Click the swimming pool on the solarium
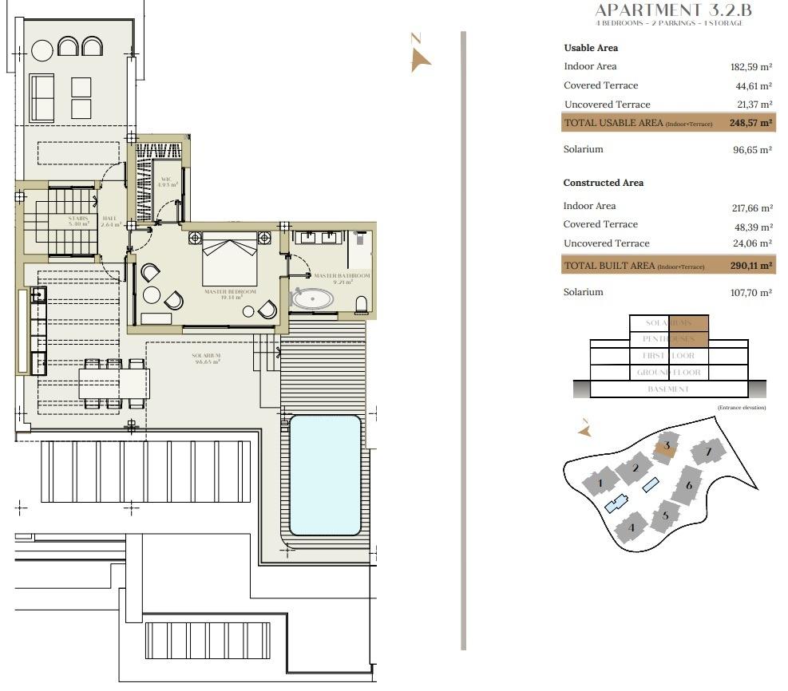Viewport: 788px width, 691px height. (x=324, y=475)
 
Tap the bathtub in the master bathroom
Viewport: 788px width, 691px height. (x=313, y=299)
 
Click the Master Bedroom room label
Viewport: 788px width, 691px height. (x=230, y=294)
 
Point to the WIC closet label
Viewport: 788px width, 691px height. (x=166, y=181)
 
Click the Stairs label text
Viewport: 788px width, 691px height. (x=78, y=220)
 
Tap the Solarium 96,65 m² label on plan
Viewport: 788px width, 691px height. (x=206, y=358)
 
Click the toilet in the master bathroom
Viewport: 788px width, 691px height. (x=361, y=304)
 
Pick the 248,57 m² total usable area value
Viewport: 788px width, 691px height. (x=750, y=123)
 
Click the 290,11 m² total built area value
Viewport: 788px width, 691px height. (x=750, y=266)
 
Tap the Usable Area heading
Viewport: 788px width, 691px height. (x=591, y=48)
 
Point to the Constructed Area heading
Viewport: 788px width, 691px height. (x=603, y=183)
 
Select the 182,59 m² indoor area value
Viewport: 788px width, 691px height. (x=750, y=67)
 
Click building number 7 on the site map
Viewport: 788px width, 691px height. (x=707, y=453)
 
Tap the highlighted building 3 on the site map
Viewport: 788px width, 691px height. (x=666, y=446)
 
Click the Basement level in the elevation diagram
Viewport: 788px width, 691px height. (x=668, y=389)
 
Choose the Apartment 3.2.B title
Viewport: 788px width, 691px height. (x=673, y=10)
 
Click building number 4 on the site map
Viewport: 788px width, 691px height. (x=632, y=527)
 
